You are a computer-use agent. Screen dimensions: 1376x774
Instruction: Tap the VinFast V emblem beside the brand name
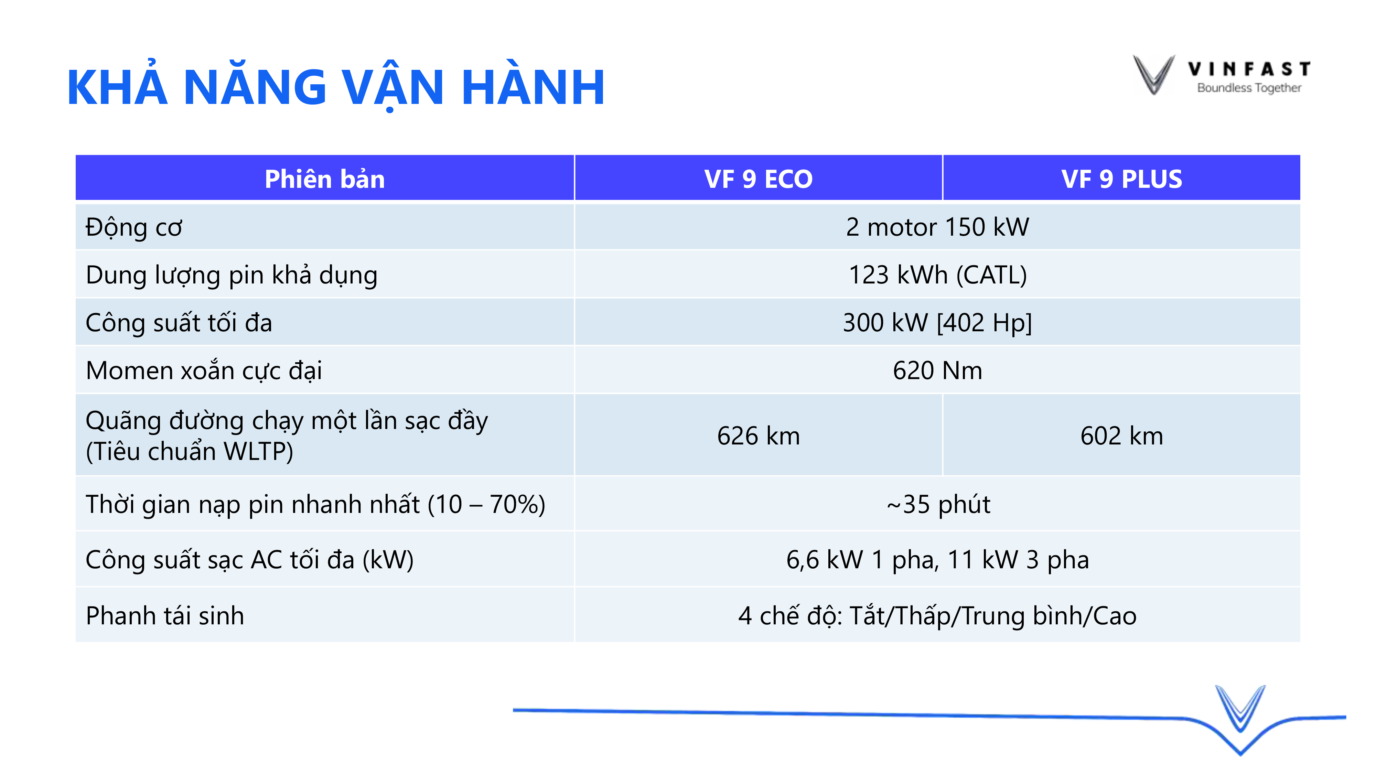pos(1154,75)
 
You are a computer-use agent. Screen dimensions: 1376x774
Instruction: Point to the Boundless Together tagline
pos(1249,88)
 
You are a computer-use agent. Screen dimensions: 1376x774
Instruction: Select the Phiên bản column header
pos(325,179)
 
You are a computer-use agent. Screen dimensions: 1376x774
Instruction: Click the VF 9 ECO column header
pos(759,179)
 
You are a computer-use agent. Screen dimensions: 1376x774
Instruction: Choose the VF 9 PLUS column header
pos(1122,179)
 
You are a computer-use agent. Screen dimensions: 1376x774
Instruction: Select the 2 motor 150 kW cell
pos(937,227)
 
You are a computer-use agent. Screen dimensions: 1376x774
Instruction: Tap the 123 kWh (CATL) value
pos(937,275)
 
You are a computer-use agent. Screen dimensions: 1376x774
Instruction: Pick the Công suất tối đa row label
pos(179,323)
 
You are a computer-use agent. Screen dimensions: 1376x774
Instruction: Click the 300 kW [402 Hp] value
pos(937,323)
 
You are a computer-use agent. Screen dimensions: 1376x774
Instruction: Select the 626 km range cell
pos(759,436)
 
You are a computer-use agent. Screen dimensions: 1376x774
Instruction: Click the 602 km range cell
pos(1122,436)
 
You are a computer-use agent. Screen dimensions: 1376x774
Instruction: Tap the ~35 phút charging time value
pos(938,505)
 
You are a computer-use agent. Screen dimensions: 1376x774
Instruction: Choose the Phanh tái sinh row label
pos(165,616)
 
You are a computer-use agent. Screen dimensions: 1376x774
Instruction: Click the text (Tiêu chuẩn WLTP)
pos(190,452)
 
